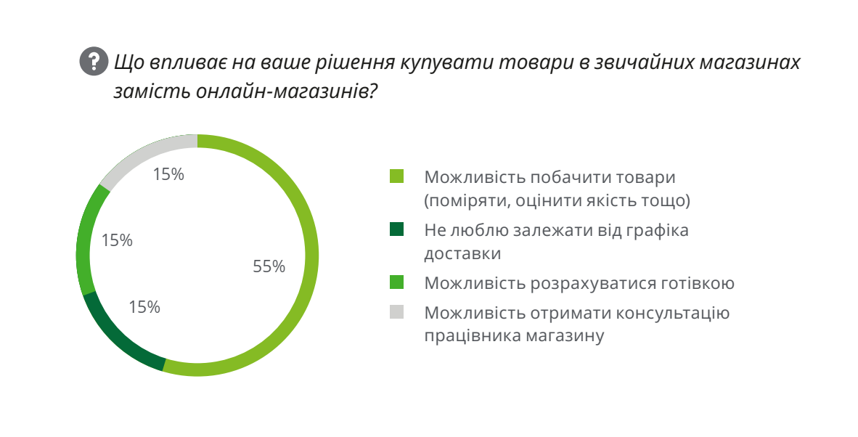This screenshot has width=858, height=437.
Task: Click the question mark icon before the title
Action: click(93, 62)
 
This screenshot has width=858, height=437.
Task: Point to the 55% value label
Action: click(269, 267)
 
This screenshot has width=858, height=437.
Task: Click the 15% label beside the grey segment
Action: click(168, 174)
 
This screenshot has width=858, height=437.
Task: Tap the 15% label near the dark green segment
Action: click(144, 307)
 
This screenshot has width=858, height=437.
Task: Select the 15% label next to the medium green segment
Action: click(117, 240)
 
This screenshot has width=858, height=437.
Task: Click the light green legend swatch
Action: click(396, 176)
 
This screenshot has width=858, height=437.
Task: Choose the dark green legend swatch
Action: click(396, 230)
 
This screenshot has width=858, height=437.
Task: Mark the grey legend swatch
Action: click(396, 312)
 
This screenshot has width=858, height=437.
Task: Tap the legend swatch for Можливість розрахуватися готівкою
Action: click(396, 282)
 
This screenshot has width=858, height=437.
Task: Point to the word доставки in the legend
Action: click(463, 254)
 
